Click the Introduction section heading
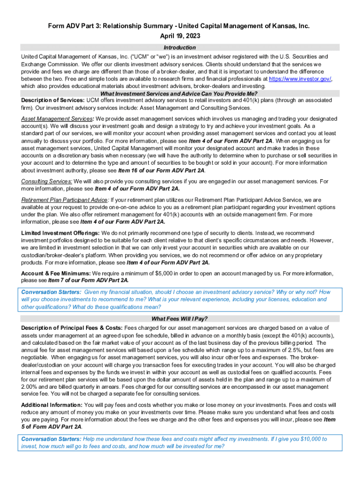(x=180, y=48)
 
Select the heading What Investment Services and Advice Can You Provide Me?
(x=180, y=93)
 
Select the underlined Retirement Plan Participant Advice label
(x=64, y=200)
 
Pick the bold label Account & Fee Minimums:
(x=56, y=273)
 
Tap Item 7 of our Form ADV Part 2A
(x=88, y=280)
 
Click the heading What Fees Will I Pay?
(x=180, y=319)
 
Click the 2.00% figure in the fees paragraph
(x=30, y=386)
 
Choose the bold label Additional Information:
(x=51, y=405)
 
